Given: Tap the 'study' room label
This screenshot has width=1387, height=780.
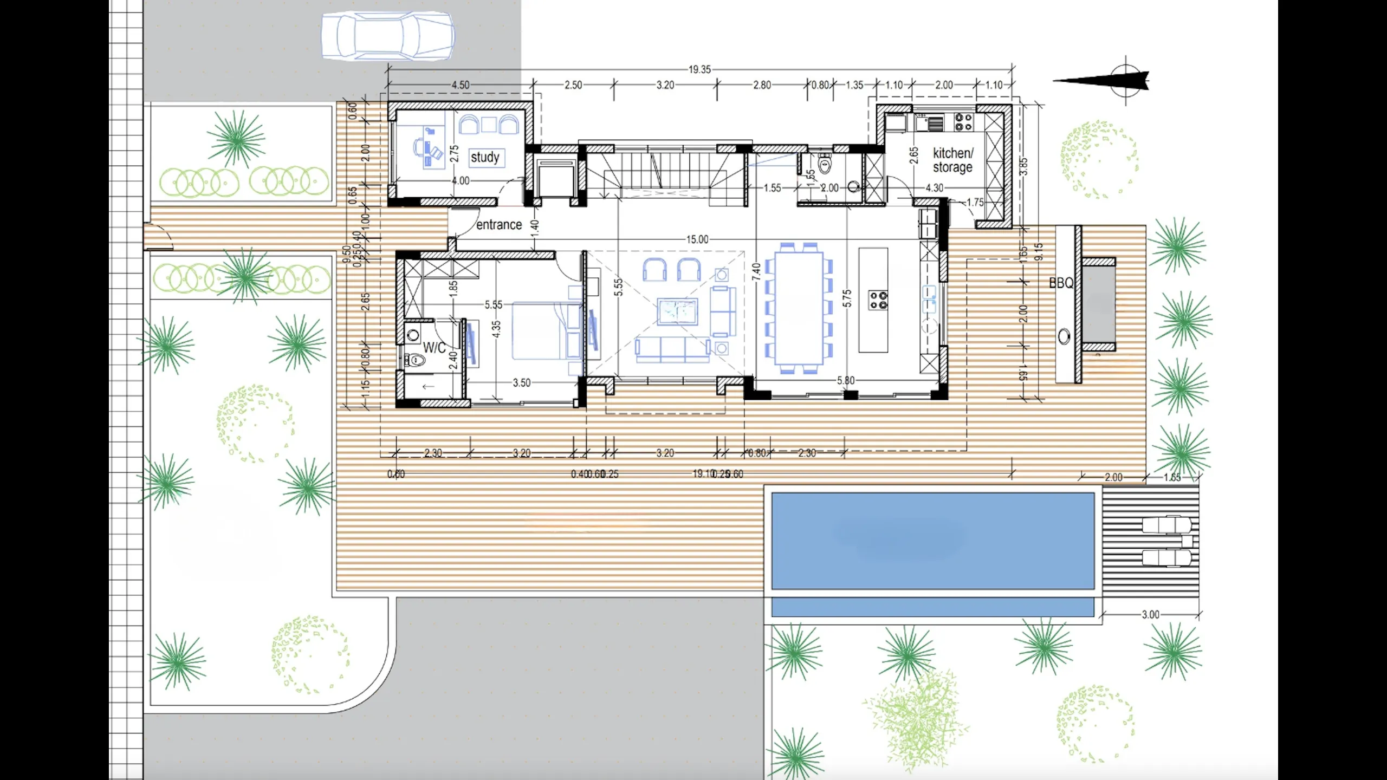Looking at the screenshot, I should point(485,157).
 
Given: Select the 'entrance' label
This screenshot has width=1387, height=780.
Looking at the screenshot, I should point(499,224).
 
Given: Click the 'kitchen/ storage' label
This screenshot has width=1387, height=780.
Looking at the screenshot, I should point(952,160).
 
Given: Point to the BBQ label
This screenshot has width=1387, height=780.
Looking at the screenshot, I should point(1061,283).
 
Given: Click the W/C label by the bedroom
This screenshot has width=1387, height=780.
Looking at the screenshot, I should point(434,348).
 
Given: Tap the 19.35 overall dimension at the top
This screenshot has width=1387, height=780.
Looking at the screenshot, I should point(699,69).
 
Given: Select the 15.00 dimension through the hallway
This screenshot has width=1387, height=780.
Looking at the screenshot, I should point(697,239).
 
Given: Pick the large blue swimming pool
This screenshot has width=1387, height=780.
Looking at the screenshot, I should point(932,540).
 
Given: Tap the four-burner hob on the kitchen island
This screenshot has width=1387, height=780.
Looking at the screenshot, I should point(878,300).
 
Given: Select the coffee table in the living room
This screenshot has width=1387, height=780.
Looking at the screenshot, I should point(677,311).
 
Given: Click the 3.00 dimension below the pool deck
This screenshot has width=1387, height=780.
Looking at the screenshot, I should point(1150,615).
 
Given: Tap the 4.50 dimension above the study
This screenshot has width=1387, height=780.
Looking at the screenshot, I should point(461,85).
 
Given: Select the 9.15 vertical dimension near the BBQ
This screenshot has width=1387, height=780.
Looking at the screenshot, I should point(1038,252).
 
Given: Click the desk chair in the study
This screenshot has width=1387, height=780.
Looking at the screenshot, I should point(420,147).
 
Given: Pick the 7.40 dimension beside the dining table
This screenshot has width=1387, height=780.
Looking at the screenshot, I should point(756,271).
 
